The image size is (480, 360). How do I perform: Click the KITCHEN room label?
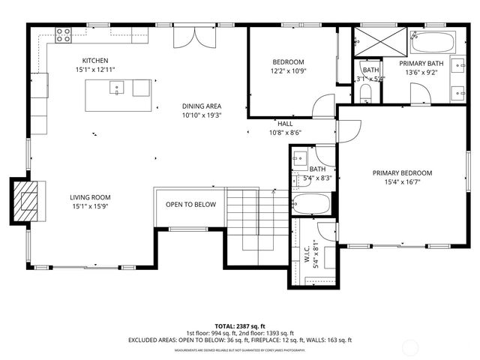click(95, 61)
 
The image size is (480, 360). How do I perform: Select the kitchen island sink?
click(117, 88)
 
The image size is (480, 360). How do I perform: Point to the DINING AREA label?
click(202, 106)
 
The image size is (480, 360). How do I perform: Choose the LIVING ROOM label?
click(91, 198)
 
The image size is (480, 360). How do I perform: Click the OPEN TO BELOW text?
click(190, 205)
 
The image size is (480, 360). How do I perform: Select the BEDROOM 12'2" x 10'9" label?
click(288, 61)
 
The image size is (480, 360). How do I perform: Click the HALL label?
click(285, 124)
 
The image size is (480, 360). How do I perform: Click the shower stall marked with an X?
click(369, 43)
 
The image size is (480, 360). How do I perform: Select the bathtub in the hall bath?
click(310, 203)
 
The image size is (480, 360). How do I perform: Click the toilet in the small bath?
click(365, 92)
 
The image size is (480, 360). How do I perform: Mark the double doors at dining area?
click(189, 37)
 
